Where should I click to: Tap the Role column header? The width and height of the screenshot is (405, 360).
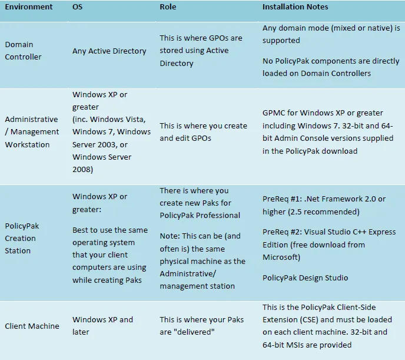point(168,7)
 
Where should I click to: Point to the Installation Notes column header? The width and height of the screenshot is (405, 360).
point(296,7)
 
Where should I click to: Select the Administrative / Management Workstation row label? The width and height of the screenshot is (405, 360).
point(32,131)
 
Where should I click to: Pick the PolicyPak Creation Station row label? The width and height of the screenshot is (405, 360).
point(21,238)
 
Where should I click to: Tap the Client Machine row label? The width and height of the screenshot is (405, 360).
point(32,326)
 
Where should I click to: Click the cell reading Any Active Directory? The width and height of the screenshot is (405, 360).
point(109,51)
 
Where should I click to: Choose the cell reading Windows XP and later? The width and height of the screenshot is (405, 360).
point(102,326)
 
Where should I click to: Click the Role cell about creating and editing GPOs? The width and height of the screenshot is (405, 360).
point(203,131)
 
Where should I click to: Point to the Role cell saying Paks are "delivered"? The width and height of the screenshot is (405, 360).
point(200,326)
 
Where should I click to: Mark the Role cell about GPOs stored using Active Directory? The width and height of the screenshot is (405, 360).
point(201,51)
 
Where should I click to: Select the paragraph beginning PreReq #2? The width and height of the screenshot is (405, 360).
point(329,245)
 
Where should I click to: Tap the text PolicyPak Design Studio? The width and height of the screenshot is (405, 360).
point(306,278)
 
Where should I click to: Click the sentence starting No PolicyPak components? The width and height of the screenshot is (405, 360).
point(331,67)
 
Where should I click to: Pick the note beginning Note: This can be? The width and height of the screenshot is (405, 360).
point(203,260)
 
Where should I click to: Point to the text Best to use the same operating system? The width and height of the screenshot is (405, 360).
point(110,255)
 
